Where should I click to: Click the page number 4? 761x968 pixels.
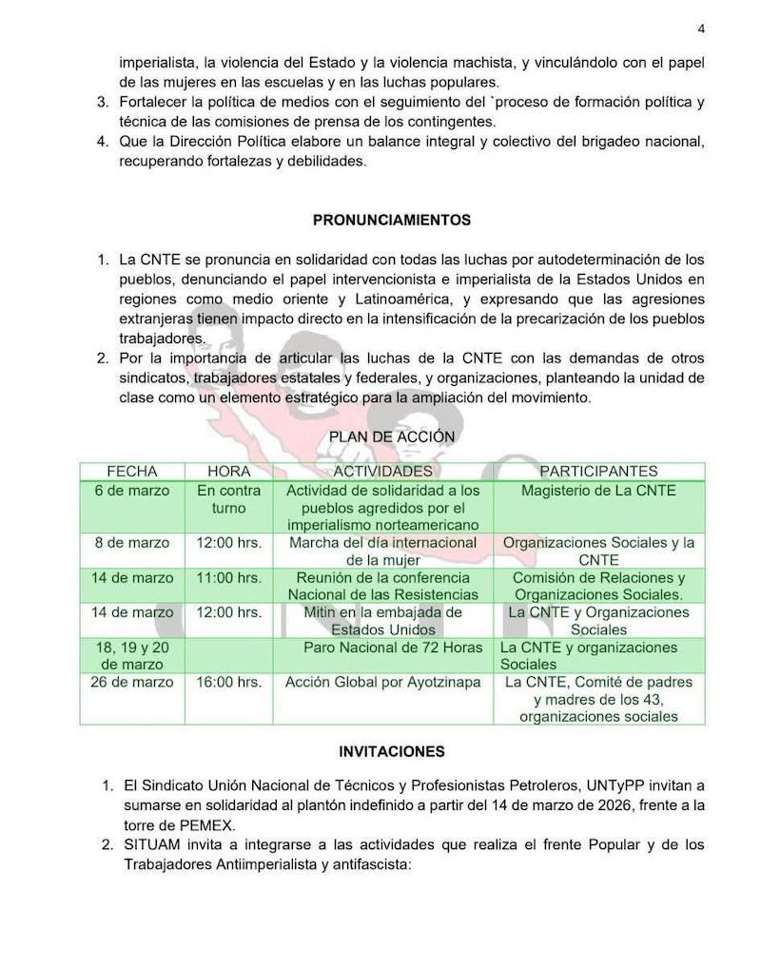pyautogui.click(x=701, y=29)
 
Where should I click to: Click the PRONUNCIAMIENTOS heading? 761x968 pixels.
pyautogui.click(x=392, y=220)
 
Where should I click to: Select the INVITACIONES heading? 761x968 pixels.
pyautogui.click(x=392, y=751)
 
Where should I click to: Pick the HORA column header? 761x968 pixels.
pyautogui.click(x=228, y=472)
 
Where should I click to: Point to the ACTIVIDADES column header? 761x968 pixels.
pyautogui.click(x=382, y=472)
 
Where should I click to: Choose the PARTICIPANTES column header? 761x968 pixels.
pyautogui.click(x=598, y=472)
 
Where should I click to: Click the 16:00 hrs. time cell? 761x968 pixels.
pyautogui.click(x=228, y=683)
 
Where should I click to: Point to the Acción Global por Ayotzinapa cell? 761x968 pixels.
pyautogui.click(x=383, y=683)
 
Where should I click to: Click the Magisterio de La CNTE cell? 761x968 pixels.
pyautogui.click(x=598, y=491)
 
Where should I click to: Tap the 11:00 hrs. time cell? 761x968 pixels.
pyautogui.click(x=228, y=578)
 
